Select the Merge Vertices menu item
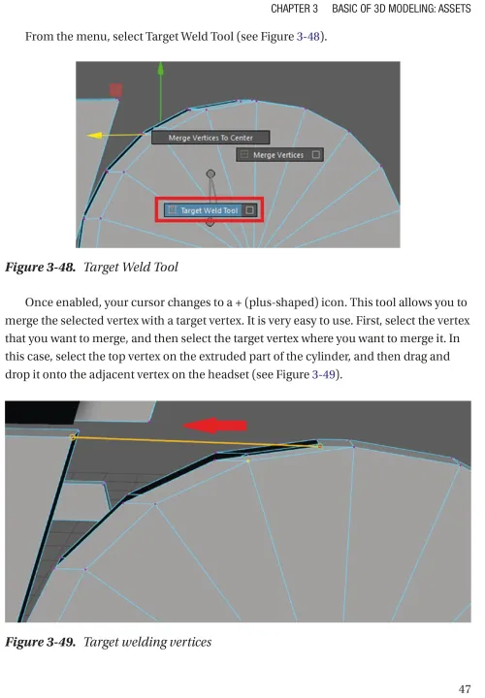click(x=279, y=155)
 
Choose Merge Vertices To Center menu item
click(x=210, y=138)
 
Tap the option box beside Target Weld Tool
click(x=250, y=210)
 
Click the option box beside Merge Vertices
click(x=316, y=155)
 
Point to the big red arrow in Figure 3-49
click(x=214, y=426)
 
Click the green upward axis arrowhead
click(x=161, y=69)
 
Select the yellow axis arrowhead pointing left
click(x=94, y=135)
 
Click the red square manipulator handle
click(x=115, y=90)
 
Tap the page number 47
click(x=465, y=689)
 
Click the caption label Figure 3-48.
click(x=40, y=268)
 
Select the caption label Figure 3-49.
click(x=40, y=642)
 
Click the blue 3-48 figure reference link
click(x=308, y=37)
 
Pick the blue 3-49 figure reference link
click(x=323, y=374)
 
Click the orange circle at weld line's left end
click(x=73, y=437)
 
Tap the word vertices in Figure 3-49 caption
click(x=191, y=642)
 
